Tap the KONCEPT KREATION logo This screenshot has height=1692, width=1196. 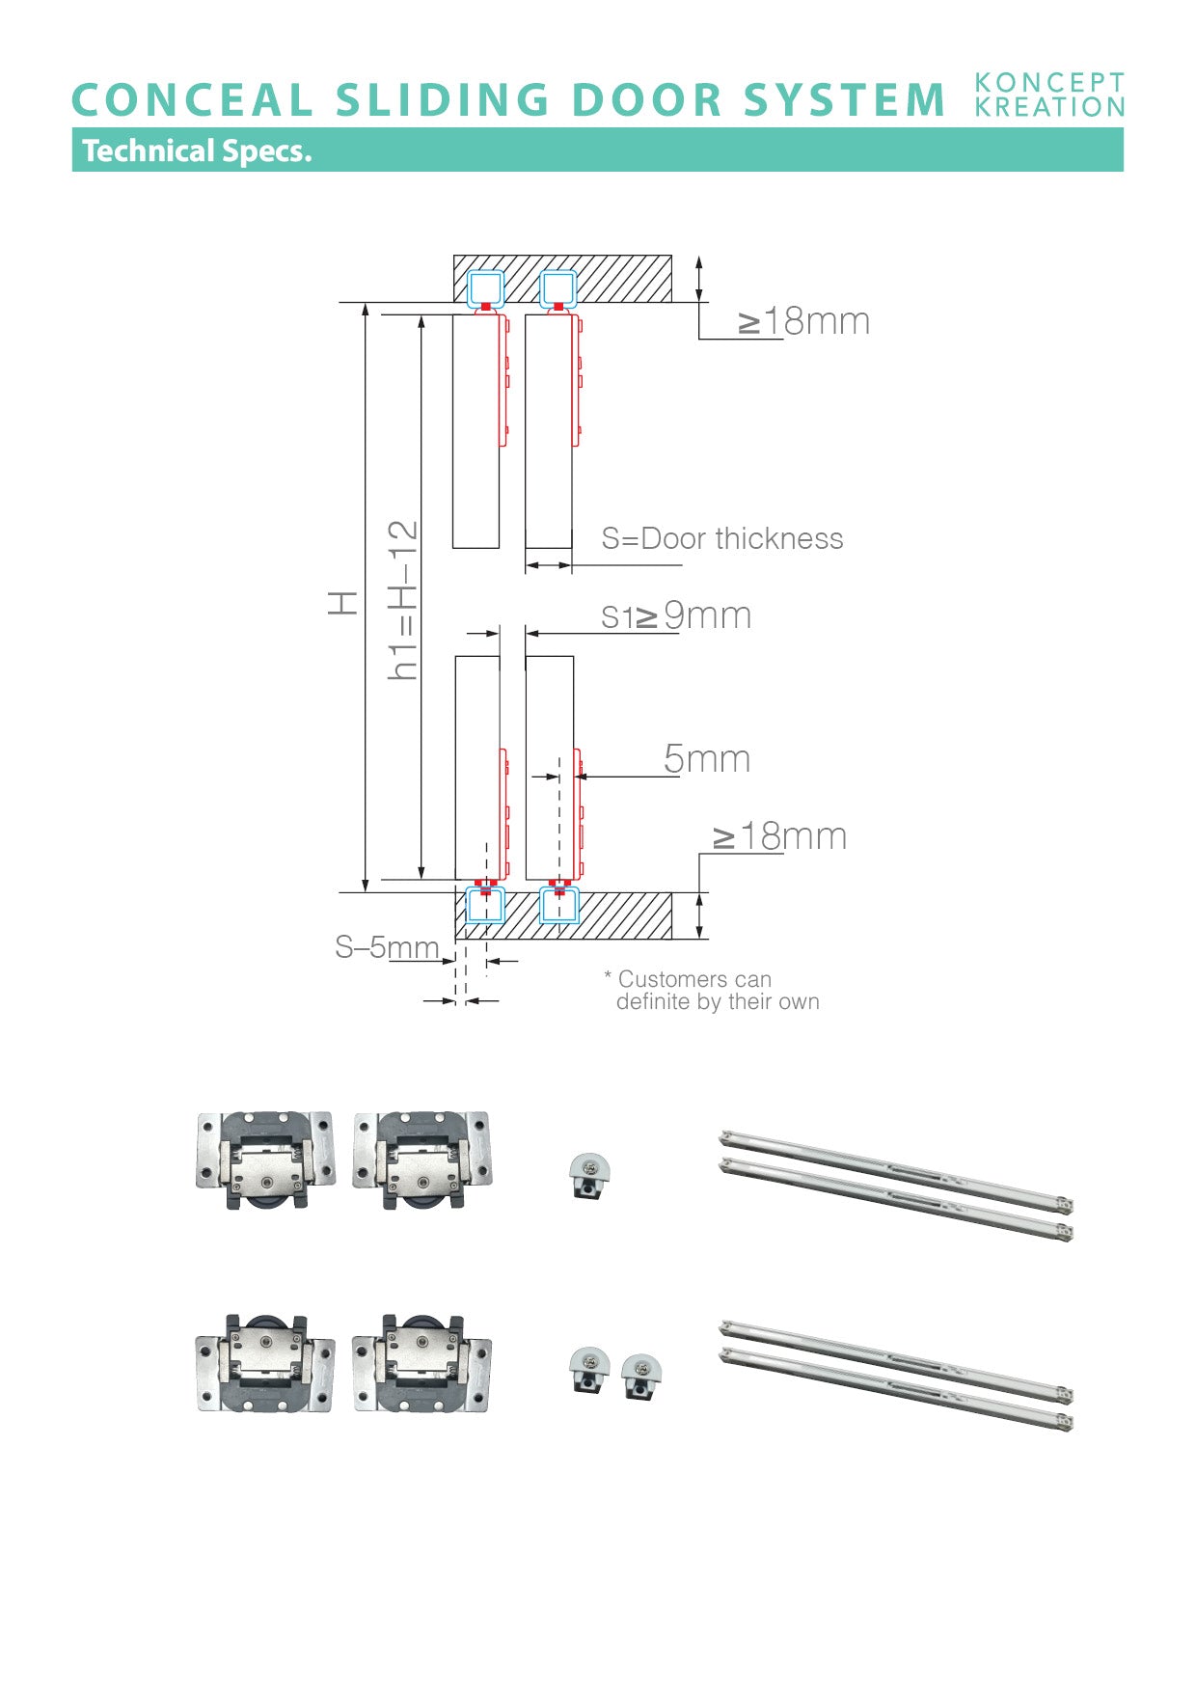pos(1049,95)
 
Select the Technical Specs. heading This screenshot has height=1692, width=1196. pos(197,150)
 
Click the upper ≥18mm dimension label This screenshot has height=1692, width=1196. pos(804,321)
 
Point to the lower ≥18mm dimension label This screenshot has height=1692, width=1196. pos(779,836)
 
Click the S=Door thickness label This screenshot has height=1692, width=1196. pos(721,538)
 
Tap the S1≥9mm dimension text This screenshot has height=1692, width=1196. pos(675,615)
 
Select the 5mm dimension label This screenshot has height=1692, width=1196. pos(707,759)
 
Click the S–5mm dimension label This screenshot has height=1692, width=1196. pos(387,947)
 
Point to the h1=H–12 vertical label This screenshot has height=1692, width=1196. pos(403,600)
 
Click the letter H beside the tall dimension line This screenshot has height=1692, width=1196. pos(343,604)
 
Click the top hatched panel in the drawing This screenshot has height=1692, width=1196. pos(617,279)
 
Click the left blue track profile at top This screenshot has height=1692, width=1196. pos(485,288)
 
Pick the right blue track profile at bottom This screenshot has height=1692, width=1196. pos(559,906)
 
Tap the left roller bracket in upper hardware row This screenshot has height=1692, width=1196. pos(265,1159)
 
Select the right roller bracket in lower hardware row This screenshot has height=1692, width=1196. pos(421,1363)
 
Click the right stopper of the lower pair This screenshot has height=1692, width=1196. pos(641,1377)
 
